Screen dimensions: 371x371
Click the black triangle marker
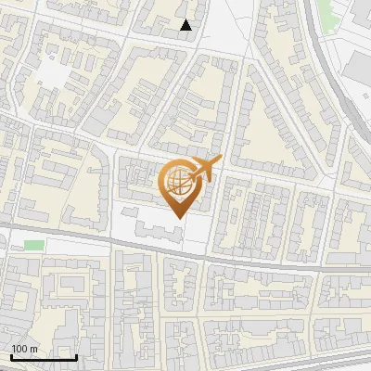(186, 25)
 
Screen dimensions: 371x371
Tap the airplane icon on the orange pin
(205, 169)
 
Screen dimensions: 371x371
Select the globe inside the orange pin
(176, 185)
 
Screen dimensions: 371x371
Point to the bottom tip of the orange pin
(176, 217)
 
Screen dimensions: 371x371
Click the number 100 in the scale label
(19, 349)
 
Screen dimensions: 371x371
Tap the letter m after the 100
(33, 349)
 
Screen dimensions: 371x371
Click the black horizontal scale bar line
(43, 357)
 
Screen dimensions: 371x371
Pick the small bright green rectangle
(34, 245)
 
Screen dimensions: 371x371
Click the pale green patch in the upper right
(326, 11)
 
